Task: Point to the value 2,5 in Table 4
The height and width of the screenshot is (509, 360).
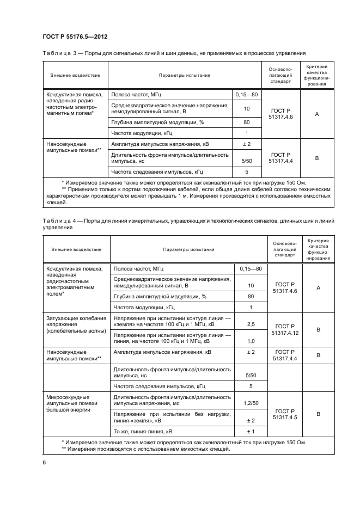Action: click(251, 324)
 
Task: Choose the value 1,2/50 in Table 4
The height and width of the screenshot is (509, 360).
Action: click(251, 403)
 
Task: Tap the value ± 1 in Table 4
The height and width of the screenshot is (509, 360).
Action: click(251, 432)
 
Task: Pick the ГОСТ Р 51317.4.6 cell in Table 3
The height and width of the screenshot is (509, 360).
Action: click(281, 114)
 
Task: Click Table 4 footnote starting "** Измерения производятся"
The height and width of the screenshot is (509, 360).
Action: click(146, 449)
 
